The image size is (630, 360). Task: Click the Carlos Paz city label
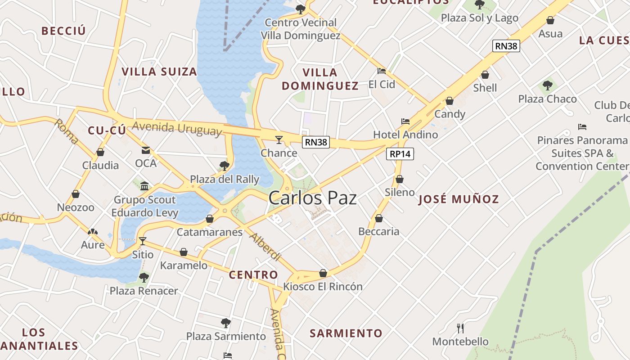pos(312,198)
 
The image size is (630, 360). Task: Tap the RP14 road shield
pos(400,154)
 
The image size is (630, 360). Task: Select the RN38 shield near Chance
pos(316,142)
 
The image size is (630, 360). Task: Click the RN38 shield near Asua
pos(506,45)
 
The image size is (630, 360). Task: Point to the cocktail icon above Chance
pos(279,140)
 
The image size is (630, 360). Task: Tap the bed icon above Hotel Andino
pos(405,121)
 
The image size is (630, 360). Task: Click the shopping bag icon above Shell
pos(485,75)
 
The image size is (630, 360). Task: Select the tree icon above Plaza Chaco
pos(547,85)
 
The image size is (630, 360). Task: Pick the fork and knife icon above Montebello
pos(460,328)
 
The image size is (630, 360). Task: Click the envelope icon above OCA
pos(146,150)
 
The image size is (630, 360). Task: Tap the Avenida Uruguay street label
pos(177,128)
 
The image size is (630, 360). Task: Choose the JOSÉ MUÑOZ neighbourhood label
pos(459,199)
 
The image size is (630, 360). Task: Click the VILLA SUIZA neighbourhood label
pos(159,72)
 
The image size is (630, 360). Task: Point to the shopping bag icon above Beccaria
pos(379,218)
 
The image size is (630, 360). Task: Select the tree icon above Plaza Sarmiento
pos(226,323)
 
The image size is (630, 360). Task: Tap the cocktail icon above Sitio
pos(143,241)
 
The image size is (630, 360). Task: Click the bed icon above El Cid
pos(382,71)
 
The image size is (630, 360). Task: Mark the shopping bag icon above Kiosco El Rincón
pos(323,273)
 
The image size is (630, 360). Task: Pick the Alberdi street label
pos(265,247)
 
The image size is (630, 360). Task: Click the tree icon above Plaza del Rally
pos(224,166)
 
